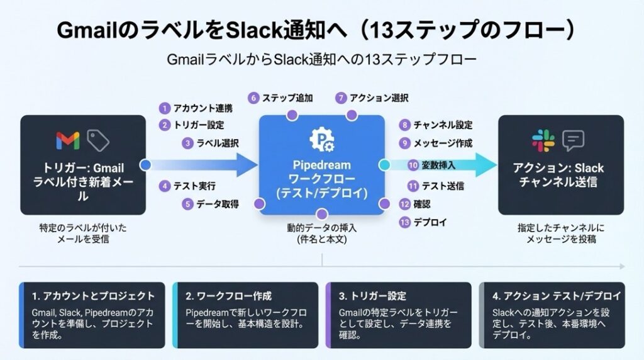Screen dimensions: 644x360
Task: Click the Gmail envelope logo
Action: [x=68, y=140]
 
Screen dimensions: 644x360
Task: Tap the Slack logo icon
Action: [x=543, y=140]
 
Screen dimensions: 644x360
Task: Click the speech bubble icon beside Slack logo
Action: [x=574, y=140]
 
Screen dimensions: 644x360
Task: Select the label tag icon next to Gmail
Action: [x=98, y=140]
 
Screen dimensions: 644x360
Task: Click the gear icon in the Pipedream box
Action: [x=321, y=140]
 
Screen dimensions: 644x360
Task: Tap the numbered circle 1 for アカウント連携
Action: [x=165, y=108]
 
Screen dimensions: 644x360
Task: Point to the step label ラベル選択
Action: [x=218, y=143]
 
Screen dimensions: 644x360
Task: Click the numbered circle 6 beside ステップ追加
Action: [x=253, y=98]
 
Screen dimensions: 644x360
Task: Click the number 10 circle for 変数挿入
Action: [x=413, y=165]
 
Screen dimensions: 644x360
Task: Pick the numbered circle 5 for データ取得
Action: [x=187, y=204]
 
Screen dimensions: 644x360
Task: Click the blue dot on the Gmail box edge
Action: [x=145, y=165]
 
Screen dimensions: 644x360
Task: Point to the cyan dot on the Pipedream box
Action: [x=384, y=165]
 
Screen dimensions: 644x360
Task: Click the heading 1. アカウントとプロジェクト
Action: [x=94, y=296]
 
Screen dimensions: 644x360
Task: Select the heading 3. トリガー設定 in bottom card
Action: [x=372, y=296]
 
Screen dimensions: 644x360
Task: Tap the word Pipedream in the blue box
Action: [x=321, y=165]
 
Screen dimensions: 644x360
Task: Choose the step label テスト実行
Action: [x=195, y=186]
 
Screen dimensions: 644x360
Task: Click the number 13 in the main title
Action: [x=382, y=30]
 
